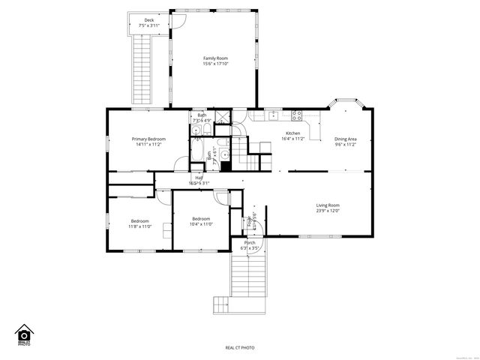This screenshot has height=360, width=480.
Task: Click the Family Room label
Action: [x=215, y=58]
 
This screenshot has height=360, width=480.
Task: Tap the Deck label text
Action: [x=149, y=20]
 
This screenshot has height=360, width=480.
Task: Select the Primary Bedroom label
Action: [x=148, y=139]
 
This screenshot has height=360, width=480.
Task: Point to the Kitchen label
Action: [x=292, y=133]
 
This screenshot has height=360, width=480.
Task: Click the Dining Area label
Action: [x=345, y=139]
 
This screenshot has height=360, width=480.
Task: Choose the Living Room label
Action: [x=327, y=205]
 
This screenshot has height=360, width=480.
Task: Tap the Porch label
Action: [x=249, y=242]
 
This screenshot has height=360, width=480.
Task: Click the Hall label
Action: [x=199, y=178]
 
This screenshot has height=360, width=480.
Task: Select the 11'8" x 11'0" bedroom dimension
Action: [x=140, y=226]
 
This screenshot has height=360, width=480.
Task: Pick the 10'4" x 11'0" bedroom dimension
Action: [x=201, y=223]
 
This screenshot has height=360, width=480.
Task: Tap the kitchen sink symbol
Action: [x=274, y=115]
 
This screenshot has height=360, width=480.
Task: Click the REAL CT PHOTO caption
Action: [x=240, y=347]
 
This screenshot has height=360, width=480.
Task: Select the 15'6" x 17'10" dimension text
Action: [x=215, y=64]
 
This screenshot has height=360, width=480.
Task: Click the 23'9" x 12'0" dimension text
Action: [x=327, y=211]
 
